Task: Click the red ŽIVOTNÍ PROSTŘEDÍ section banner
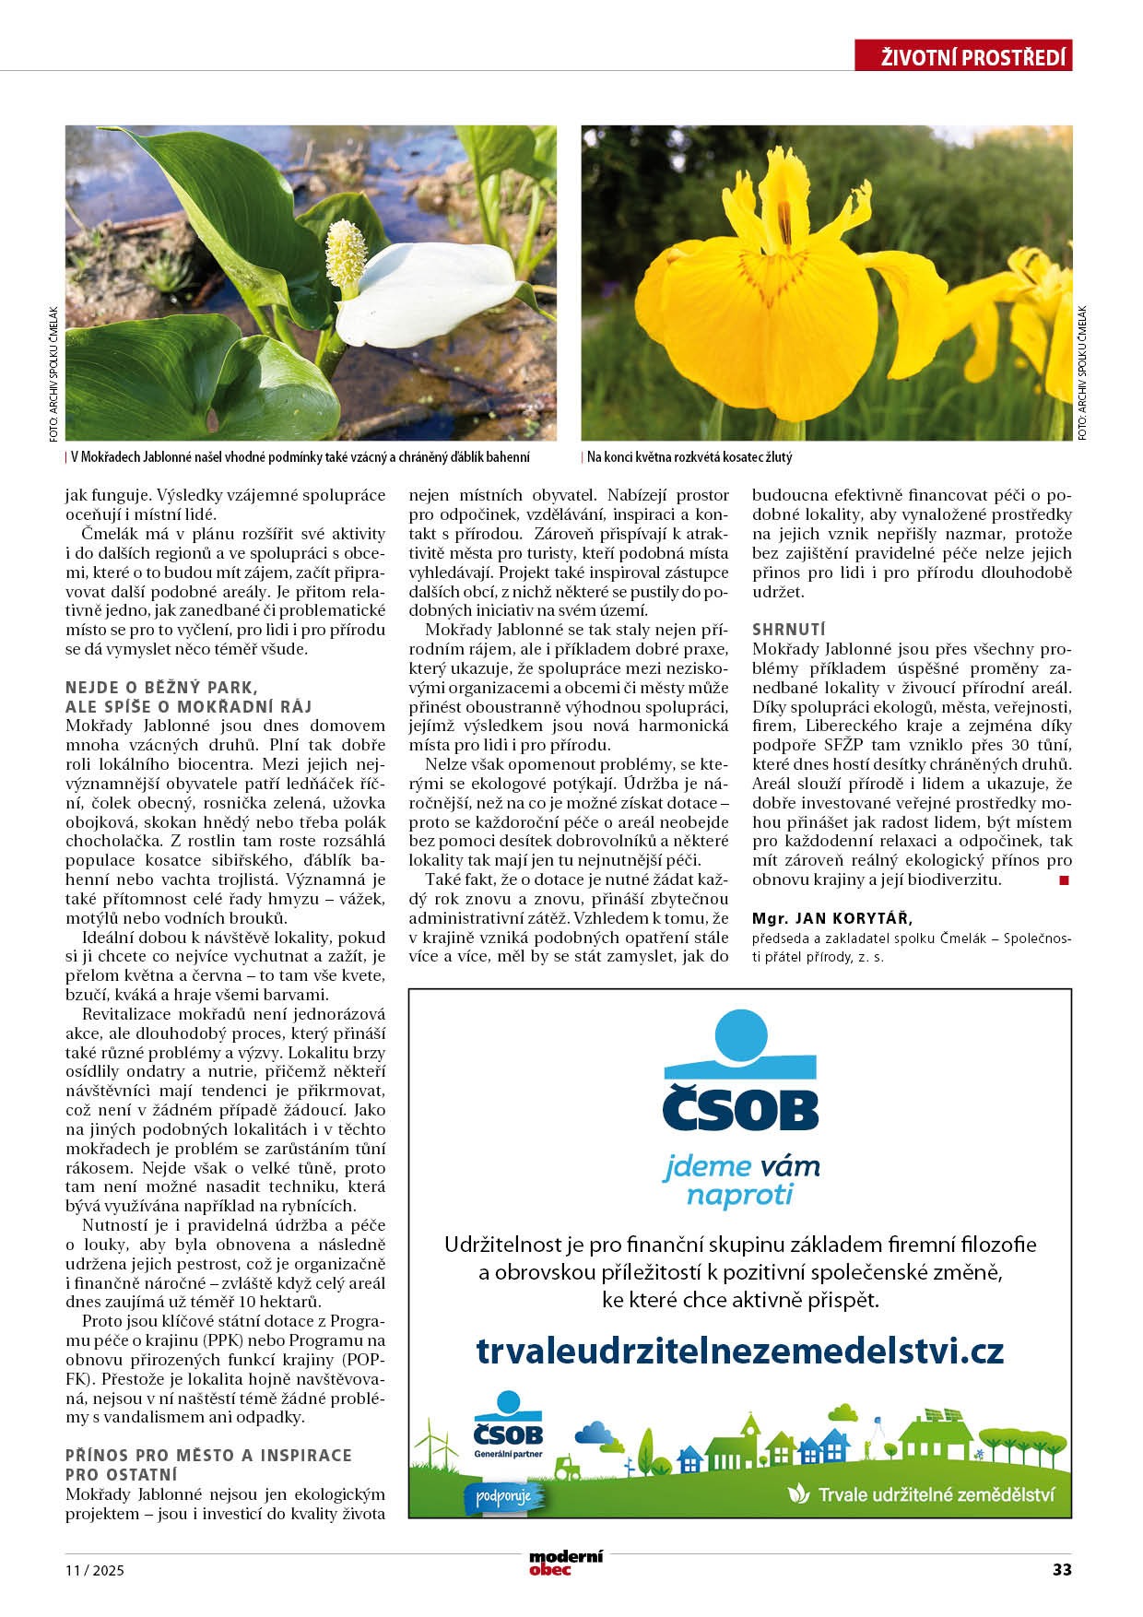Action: point(963,57)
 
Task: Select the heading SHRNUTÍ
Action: point(789,629)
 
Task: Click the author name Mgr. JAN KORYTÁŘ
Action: point(831,918)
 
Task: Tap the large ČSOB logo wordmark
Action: point(740,1110)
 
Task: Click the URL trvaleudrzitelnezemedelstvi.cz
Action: point(739,1351)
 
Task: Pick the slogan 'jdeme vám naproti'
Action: point(740,1181)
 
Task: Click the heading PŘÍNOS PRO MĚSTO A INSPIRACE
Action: point(208,1455)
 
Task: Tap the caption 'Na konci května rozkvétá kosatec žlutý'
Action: point(689,457)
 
